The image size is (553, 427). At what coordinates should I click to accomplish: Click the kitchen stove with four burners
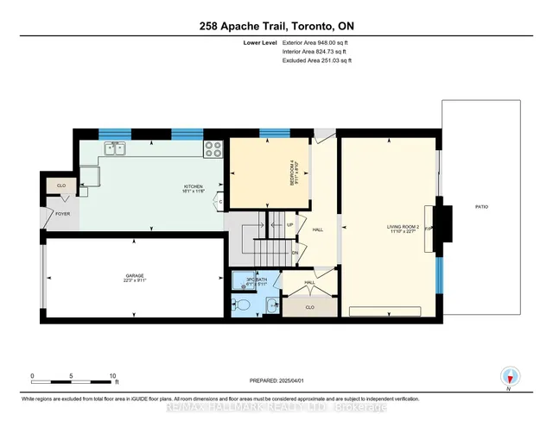pos(213,150)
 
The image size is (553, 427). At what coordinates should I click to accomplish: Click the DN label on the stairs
pos(294,252)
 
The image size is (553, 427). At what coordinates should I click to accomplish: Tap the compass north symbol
pos(510,376)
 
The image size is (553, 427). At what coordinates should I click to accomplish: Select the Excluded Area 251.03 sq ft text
pos(317,61)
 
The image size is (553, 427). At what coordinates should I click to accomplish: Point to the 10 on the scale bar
pos(112,376)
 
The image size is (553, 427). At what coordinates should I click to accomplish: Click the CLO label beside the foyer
pos(61,185)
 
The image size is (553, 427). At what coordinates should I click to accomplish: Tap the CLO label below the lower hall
pos(308,305)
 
